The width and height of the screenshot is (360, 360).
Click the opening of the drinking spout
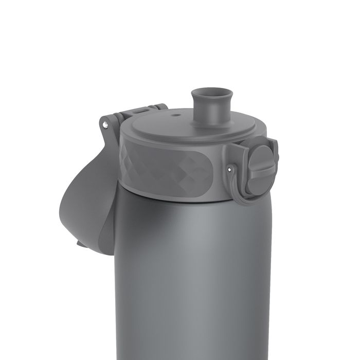(x=219, y=94)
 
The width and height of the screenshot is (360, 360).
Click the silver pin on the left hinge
(x=106, y=124)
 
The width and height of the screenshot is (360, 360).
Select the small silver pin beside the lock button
(x=229, y=167)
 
